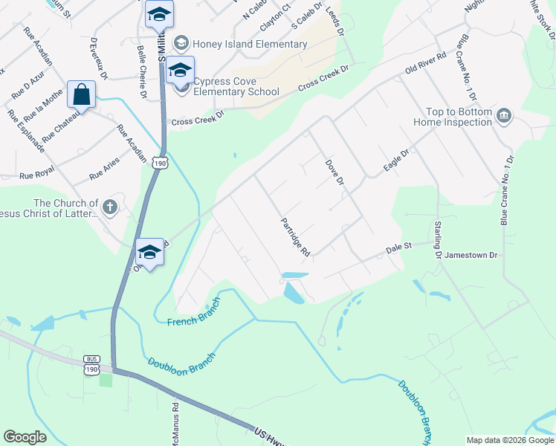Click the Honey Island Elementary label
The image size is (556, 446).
click(x=250, y=44)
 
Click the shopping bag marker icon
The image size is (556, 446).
click(x=81, y=94)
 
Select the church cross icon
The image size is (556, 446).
click(x=110, y=207)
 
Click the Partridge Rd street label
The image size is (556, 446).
click(x=295, y=237)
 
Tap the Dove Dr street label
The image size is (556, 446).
click(x=335, y=171)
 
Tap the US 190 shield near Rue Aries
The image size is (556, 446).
click(x=159, y=161)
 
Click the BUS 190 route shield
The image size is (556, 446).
click(x=91, y=365)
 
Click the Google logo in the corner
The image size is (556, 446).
click(x=25, y=436)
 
